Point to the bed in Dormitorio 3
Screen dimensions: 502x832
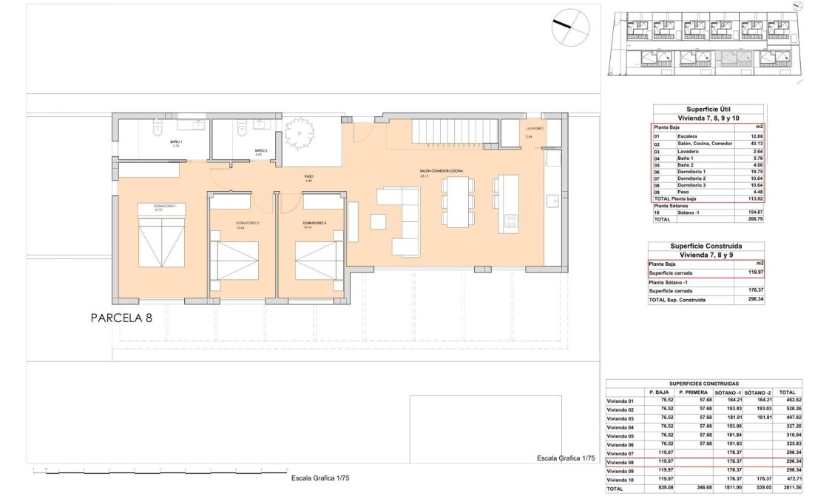click(319, 257)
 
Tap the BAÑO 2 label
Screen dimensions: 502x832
click(260, 150)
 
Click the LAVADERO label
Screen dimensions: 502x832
click(535, 129)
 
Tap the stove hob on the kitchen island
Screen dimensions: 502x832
click(509, 220)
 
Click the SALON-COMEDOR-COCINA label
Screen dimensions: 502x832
click(442, 171)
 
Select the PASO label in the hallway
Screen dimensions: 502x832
click(309, 176)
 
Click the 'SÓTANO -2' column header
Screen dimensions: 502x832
click(757, 392)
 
